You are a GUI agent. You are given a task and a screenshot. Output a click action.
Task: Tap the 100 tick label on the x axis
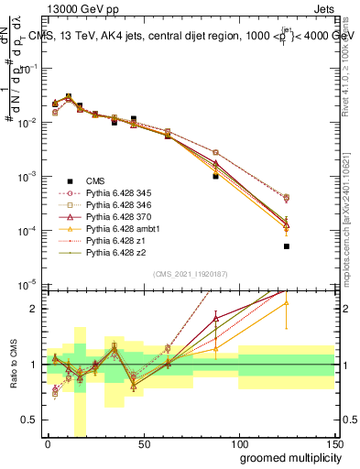[x=238, y=444]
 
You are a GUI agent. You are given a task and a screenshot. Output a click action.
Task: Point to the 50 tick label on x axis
[x=143, y=444]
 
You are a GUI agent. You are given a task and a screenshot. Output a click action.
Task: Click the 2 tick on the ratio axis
[x=33, y=309]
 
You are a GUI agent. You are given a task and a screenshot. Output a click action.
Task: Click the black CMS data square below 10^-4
[x=287, y=246]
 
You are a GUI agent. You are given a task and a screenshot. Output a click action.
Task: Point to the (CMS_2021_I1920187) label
[x=191, y=274]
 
